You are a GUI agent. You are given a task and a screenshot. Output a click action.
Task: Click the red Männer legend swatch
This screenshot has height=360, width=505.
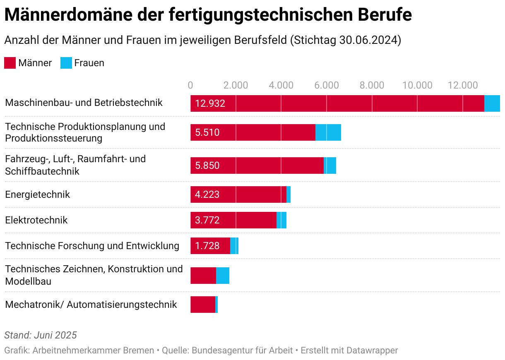pos(10,63)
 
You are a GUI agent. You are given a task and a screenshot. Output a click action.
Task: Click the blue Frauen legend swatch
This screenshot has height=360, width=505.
pos(66,63)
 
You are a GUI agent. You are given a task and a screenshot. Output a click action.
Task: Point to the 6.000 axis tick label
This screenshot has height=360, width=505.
pos(327,85)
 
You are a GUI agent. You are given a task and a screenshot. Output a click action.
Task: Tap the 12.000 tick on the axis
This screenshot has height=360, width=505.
pos(463,85)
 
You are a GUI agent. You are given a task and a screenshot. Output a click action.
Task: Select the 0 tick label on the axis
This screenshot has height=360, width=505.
pos(190,85)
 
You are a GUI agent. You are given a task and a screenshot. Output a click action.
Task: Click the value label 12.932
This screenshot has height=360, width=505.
pos(210,103)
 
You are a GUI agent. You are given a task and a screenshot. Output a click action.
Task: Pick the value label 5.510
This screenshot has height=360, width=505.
pos(207,132)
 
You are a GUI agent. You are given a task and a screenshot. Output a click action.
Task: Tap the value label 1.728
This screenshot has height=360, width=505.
pos(207,246)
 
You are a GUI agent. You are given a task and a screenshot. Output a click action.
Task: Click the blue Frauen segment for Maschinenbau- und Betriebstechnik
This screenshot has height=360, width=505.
pos(492,103)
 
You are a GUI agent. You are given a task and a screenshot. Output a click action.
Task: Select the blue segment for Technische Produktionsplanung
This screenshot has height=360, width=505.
pos(328,132)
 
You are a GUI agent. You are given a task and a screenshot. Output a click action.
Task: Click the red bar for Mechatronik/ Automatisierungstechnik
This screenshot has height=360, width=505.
pos(203,305)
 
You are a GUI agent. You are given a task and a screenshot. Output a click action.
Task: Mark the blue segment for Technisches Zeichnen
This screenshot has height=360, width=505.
pos(223,276)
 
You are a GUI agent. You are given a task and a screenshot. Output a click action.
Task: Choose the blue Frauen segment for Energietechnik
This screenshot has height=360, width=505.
pos(289,194)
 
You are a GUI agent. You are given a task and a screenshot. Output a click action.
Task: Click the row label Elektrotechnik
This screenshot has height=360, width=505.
pos(36,220)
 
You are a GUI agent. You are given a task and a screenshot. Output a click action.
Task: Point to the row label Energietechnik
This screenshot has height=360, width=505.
pos(38,194)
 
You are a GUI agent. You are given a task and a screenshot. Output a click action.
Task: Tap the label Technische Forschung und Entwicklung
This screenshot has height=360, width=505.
pos(92,246)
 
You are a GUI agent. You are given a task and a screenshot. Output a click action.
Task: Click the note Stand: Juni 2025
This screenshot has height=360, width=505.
pos(41,335)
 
